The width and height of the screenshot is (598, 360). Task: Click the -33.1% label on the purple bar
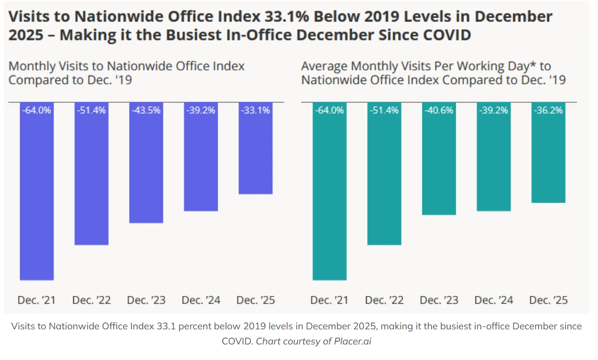[x=255, y=110]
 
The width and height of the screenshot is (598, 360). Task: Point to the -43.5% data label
[x=146, y=110]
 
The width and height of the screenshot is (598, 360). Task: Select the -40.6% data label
[x=439, y=110]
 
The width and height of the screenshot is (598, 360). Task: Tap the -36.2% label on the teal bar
[x=548, y=110]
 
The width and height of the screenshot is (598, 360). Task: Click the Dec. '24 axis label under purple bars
[x=201, y=301]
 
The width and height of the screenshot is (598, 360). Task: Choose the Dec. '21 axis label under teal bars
[x=329, y=301]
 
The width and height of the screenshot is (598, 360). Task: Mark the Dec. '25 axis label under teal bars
[x=548, y=301]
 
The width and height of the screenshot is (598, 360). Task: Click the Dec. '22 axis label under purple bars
[x=92, y=301]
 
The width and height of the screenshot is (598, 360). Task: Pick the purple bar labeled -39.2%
[x=201, y=160]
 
